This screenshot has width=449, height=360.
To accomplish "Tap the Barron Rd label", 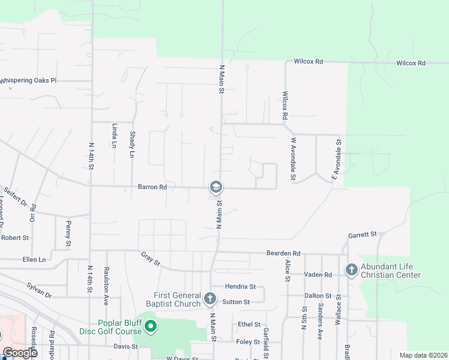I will [151, 188].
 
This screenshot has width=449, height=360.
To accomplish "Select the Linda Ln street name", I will [114, 136].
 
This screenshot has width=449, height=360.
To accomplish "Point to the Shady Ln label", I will [132, 145].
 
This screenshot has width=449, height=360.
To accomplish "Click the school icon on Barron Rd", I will [215, 188].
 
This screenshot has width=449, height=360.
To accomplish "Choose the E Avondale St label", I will [337, 160].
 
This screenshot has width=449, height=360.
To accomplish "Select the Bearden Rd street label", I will [283, 253].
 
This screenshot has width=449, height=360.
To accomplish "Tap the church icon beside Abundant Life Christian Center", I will [352, 270].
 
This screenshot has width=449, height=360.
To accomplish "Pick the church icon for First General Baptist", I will [209, 298].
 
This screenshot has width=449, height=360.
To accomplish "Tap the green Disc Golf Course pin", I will [151, 328].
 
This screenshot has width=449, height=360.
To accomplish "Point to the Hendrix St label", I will [241, 287].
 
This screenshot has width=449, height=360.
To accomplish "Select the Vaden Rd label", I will [318, 274].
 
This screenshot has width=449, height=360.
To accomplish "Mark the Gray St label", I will [151, 259].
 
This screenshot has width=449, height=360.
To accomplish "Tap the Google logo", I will [19, 353].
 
